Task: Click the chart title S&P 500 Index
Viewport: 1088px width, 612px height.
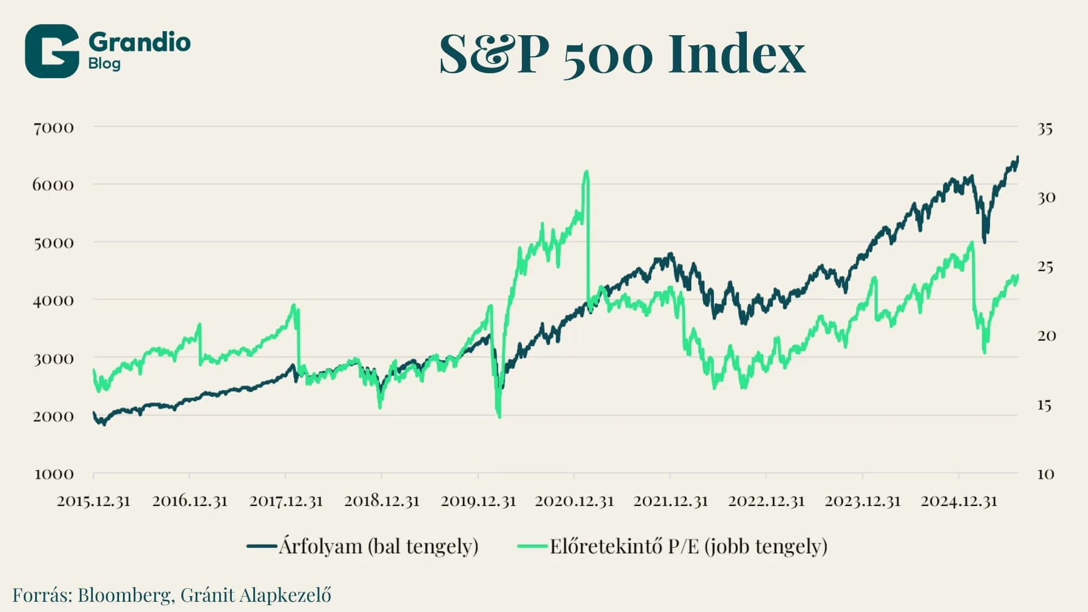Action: point(622,54)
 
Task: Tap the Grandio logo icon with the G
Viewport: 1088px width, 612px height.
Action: point(52,51)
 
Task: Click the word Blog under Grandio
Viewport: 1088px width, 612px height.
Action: point(104,63)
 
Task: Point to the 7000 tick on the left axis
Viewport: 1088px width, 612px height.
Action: point(53,128)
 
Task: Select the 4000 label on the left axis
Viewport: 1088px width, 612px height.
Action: point(53,300)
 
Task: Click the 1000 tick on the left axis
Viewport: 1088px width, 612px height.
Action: point(54,474)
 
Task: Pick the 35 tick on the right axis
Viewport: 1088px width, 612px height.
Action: point(1045,129)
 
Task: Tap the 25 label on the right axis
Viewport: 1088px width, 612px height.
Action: point(1045,266)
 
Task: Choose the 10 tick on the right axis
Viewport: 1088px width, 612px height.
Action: point(1045,474)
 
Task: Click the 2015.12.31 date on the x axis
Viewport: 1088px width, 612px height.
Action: point(93,501)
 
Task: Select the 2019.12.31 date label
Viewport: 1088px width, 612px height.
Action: point(478,501)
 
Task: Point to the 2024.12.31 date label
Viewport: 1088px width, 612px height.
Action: point(959,501)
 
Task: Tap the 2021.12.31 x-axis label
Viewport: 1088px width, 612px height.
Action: point(670,501)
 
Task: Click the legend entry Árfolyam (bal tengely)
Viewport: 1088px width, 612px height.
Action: point(378,546)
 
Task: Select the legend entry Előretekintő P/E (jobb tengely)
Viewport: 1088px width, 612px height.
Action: point(688,546)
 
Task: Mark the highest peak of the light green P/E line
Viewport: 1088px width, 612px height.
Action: point(586,172)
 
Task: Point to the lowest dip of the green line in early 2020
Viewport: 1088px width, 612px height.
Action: point(499,416)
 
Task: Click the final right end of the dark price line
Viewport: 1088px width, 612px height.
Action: point(1018,158)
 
